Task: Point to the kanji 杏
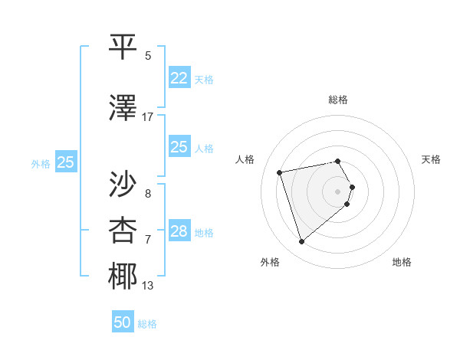pyautogui.click(x=123, y=229)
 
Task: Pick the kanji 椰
pyautogui.click(x=123, y=277)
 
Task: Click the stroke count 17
pyautogui.click(x=148, y=116)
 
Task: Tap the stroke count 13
pyautogui.click(x=148, y=286)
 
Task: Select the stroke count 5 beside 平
pyautogui.click(x=148, y=56)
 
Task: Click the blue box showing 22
pyautogui.click(x=179, y=77)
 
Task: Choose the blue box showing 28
pyautogui.click(x=179, y=231)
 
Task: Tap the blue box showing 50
pyautogui.click(x=123, y=322)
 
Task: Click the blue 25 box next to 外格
pyautogui.click(x=66, y=162)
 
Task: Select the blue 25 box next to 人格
pyautogui.click(x=179, y=147)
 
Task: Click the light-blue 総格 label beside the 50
pyautogui.click(x=147, y=324)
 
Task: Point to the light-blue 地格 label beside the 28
pyautogui.click(x=204, y=233)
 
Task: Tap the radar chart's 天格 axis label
pyautogui.click(x=431, y=159)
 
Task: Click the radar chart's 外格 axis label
pyautogui.click(x=269, y=262)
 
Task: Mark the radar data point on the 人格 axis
pyautogui.click(x=280, y=172)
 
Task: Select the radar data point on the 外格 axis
pyautogui.click(x=301, y=241)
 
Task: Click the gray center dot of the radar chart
pyautogui.click(x=337, y=191)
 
